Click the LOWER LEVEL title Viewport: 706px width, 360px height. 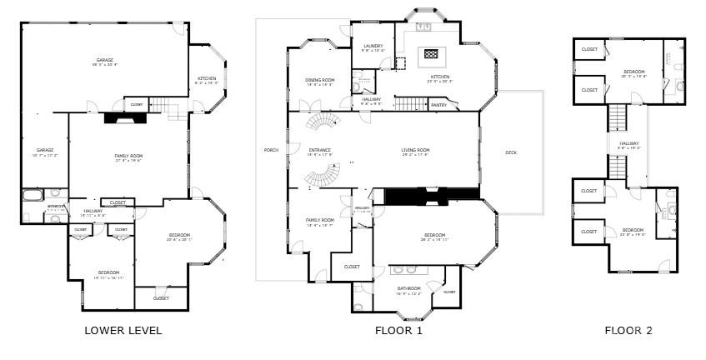click(123, 331)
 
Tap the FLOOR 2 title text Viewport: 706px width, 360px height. click(628, 331)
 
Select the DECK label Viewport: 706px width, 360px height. click(511, 152)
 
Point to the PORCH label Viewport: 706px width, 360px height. click(270, 151)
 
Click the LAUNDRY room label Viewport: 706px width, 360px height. click(373, 47)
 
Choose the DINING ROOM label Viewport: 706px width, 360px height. click(319, 81)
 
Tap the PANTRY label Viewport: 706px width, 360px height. click(438, 106)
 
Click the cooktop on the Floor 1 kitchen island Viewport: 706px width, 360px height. click(431, 54)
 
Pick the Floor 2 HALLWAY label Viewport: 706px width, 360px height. click(628, 144)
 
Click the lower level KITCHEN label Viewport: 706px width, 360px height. click(207, 79)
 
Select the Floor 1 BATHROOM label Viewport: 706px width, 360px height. click(409, 289)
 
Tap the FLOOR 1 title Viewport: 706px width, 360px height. click(399, 331)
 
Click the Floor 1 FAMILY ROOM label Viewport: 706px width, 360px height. click(319, 221)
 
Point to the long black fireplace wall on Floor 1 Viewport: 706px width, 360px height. click(432, 195)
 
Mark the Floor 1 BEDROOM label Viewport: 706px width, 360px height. click(434, 236)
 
